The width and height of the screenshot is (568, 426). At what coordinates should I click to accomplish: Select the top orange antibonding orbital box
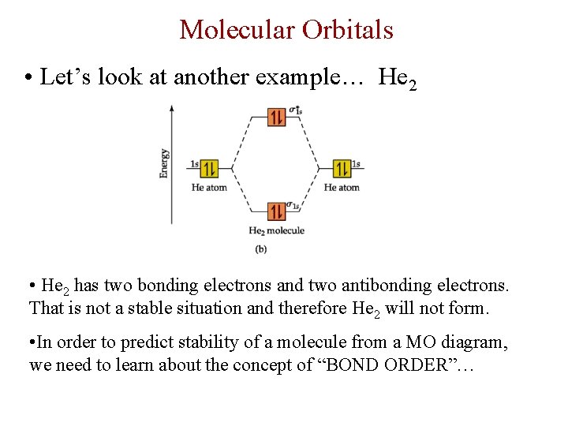tap(276, 118)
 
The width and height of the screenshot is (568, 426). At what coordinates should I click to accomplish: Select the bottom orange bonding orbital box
tap(276, 211)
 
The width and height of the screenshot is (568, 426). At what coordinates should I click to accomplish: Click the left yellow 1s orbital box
tap(209, 169)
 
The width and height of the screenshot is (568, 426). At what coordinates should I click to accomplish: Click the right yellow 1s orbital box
tap(342, 169)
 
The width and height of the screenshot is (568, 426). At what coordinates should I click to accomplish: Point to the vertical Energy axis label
tap(164, 163)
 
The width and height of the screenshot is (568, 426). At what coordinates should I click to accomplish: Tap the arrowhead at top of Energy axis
tap(172, 106)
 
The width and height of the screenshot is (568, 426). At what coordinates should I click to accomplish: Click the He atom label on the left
tap(209, 188)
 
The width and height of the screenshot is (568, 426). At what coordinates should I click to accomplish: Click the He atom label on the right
tap(342, 188)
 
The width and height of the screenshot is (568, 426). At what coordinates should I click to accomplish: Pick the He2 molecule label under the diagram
tap(276, 230)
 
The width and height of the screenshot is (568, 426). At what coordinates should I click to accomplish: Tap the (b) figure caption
tap(261, 248)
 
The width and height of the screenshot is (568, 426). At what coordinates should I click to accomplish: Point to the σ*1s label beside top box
tap(295, 110)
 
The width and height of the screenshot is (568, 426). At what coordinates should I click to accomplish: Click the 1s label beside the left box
tap(194, 164)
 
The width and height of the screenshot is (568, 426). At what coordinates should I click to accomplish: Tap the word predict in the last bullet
tap(138, 343)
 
